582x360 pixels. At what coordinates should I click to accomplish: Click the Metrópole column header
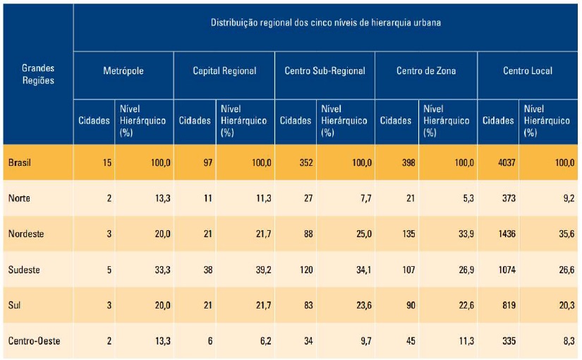pyautogui.click(x=123, y=71)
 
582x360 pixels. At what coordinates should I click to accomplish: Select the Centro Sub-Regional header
pyautogui.click(x=325, y=71)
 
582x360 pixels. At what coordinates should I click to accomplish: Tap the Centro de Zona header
pyautogui.click(x=425, y=71)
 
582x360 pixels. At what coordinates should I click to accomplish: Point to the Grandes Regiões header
pyautogui.click(x=38, y=74)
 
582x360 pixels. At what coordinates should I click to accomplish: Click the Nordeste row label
pyautogui.click(x=26, y=234)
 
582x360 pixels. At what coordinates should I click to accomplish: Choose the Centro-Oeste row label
pyautogui.click(x=34, y=341)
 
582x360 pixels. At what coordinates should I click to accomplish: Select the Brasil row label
pyautogui.click(x=19, y=163)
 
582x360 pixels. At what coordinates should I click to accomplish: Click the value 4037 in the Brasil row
pyautogui.click(x=507, y=163)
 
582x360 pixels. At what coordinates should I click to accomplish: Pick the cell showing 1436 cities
pyautogui.click(x=507, y=234)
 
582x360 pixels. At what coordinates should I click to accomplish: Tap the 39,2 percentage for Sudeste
pyautogui.click(x=263, y=270)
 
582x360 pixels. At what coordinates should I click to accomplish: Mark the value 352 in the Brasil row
pyautogui.click(x=306, y=163)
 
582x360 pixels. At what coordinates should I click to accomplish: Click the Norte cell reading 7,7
pyautogui.click(x=365, y=198)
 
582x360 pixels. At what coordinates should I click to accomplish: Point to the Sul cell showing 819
pyautogui.click(x=509, y=305)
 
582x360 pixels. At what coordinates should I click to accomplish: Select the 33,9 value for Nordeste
pyautogui.click(x=466, y=234)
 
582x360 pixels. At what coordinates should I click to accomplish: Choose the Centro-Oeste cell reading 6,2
pyautogui.click(x=265, y=341)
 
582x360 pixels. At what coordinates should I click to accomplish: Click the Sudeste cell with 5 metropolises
pyautogui.click(x=109, y=270)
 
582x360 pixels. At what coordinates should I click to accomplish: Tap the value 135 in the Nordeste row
pyautogui.click(x=408, y=234)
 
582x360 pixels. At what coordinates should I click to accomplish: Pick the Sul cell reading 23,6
pyautogui.click(x=364, y=305)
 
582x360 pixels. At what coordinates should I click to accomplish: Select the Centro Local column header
pyautogui.click(x=528, y=71)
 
